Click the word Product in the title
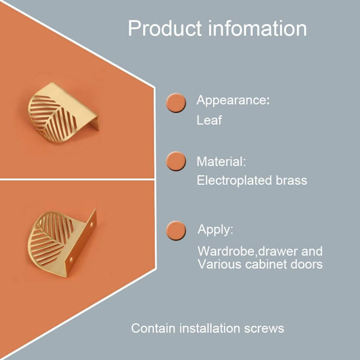[x=164, y=28]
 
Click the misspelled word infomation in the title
[x=257, y=28]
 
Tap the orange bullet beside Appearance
[x=176, y=103]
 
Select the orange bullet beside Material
[x=176, y=161]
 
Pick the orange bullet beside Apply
[x=176, y=230]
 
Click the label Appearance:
[x=233, y=101]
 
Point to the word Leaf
[x=209, y=120]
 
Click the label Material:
[x=221, y=161]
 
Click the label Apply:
[x=215, y=230]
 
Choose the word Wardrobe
[x=226, y=251]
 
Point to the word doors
[x=307, y=264]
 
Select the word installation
[x=210, y=328]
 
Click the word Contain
[x=154, y=328]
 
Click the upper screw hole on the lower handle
[x=91, y=223]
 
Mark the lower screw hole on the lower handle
[x=71, y=260]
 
